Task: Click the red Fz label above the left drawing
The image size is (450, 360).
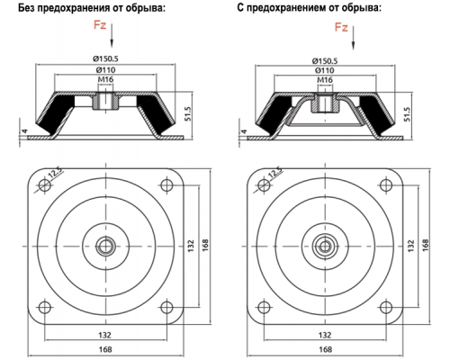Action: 100,24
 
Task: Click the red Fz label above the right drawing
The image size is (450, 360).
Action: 341,27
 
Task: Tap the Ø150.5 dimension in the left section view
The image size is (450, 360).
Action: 105,58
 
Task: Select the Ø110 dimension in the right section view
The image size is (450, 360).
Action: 325,70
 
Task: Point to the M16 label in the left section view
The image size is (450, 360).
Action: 105,79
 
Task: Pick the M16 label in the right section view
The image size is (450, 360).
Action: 325,80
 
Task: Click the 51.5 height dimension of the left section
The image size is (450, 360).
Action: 188,113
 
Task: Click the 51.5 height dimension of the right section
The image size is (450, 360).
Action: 407,114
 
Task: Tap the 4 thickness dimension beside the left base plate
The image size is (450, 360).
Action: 25,131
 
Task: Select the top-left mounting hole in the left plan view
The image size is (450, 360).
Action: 44,184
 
